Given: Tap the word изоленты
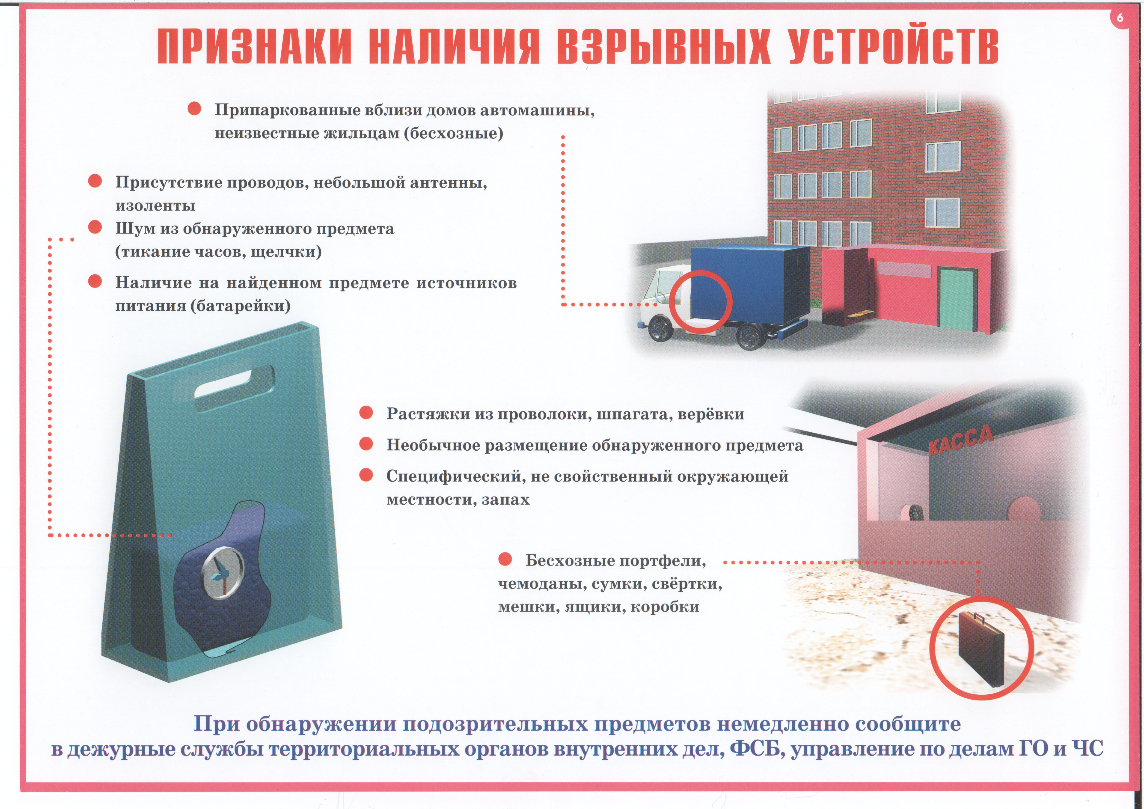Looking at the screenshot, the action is click(155, 205).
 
